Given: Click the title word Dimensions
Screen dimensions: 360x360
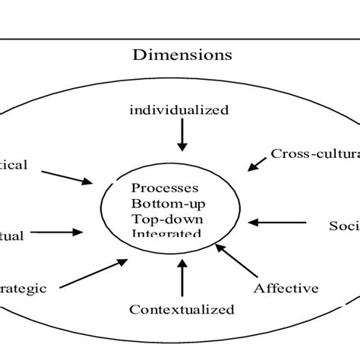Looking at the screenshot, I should [x=182, y=55].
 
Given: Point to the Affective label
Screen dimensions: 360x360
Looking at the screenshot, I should [x=286, y=288].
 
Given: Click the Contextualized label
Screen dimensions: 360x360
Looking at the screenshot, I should [x=182, y=309].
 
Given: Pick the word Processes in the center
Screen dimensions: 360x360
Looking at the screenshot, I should [x=165, y=188].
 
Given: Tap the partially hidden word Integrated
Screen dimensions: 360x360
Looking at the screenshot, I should [x=166, y=232].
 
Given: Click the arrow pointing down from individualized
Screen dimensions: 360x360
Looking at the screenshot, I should [x=182, y=137].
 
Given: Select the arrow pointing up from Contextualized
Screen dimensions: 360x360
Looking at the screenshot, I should [x=182, y=278].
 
